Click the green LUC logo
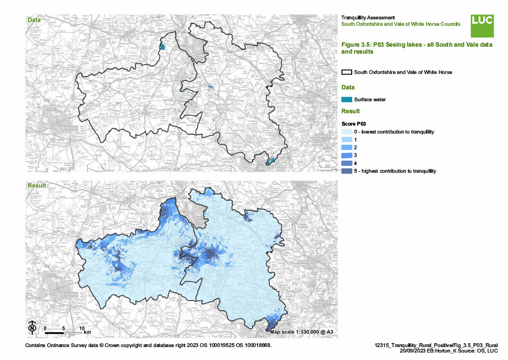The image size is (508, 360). [482, 25]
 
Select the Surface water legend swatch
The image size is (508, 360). [347, 99]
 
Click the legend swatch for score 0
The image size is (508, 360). [347, 132]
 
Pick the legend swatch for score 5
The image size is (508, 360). [347, 171]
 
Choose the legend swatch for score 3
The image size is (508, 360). [347, 155]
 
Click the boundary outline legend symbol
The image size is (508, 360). [347, 72]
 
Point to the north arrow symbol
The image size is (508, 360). [32, 327]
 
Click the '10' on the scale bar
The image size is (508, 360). [81, 328]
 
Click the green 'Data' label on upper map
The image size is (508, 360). [34, 20]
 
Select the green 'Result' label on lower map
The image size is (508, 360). [37, 186]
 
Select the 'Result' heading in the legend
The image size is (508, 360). [350, 111]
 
